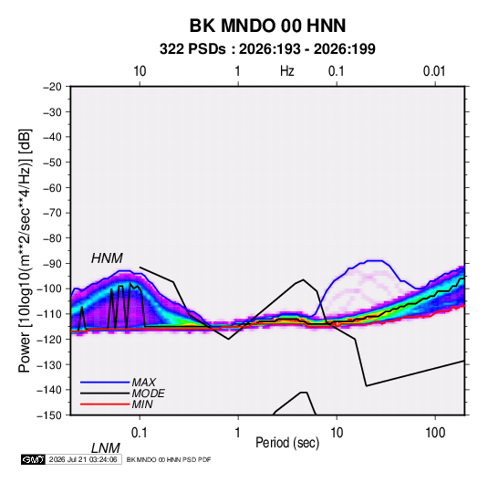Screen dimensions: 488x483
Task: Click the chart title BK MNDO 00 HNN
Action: (267, 26)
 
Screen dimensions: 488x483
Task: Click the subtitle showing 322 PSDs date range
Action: (267, 49)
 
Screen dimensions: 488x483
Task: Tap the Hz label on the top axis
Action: (287, 71)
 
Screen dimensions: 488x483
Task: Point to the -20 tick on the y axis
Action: (52, 87)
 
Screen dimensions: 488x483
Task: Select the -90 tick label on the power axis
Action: (52, 264)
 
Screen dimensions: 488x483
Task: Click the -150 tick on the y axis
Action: (50, 415)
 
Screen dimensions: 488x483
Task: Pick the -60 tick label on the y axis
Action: (52, 187)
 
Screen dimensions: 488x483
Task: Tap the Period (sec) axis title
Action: (287, 443)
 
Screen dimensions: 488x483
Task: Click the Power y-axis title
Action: (25, 251)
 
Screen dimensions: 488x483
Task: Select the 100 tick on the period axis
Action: (435, 433)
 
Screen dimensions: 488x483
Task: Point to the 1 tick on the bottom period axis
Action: (238, 433)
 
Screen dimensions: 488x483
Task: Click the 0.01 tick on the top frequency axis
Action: (434, 71)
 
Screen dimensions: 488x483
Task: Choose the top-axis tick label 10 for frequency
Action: (140, 71)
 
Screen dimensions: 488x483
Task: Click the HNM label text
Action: (107, 258)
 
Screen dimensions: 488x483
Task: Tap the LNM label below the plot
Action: (106, 448)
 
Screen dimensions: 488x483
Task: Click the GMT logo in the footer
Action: (34, 459)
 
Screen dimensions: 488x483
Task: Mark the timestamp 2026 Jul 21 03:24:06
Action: (83, 459)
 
